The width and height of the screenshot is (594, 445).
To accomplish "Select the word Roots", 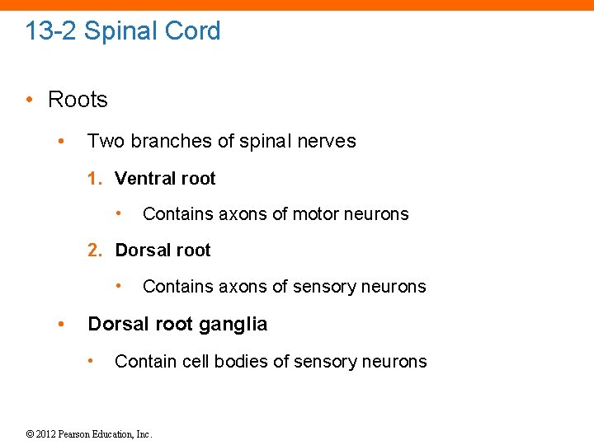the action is [78, 100].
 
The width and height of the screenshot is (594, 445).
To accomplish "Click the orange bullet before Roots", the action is [30, 100].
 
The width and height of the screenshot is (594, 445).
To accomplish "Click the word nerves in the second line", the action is [328, 141].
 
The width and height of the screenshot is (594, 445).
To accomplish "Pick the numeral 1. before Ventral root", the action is [97, 179].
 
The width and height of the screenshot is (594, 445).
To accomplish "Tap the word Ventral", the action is [147, 179].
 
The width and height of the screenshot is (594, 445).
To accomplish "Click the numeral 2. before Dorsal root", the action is [97, 251].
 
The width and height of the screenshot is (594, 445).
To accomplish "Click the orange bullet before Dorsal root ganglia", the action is [60, 324].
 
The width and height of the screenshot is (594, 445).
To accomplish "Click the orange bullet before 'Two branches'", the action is [60, 141].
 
